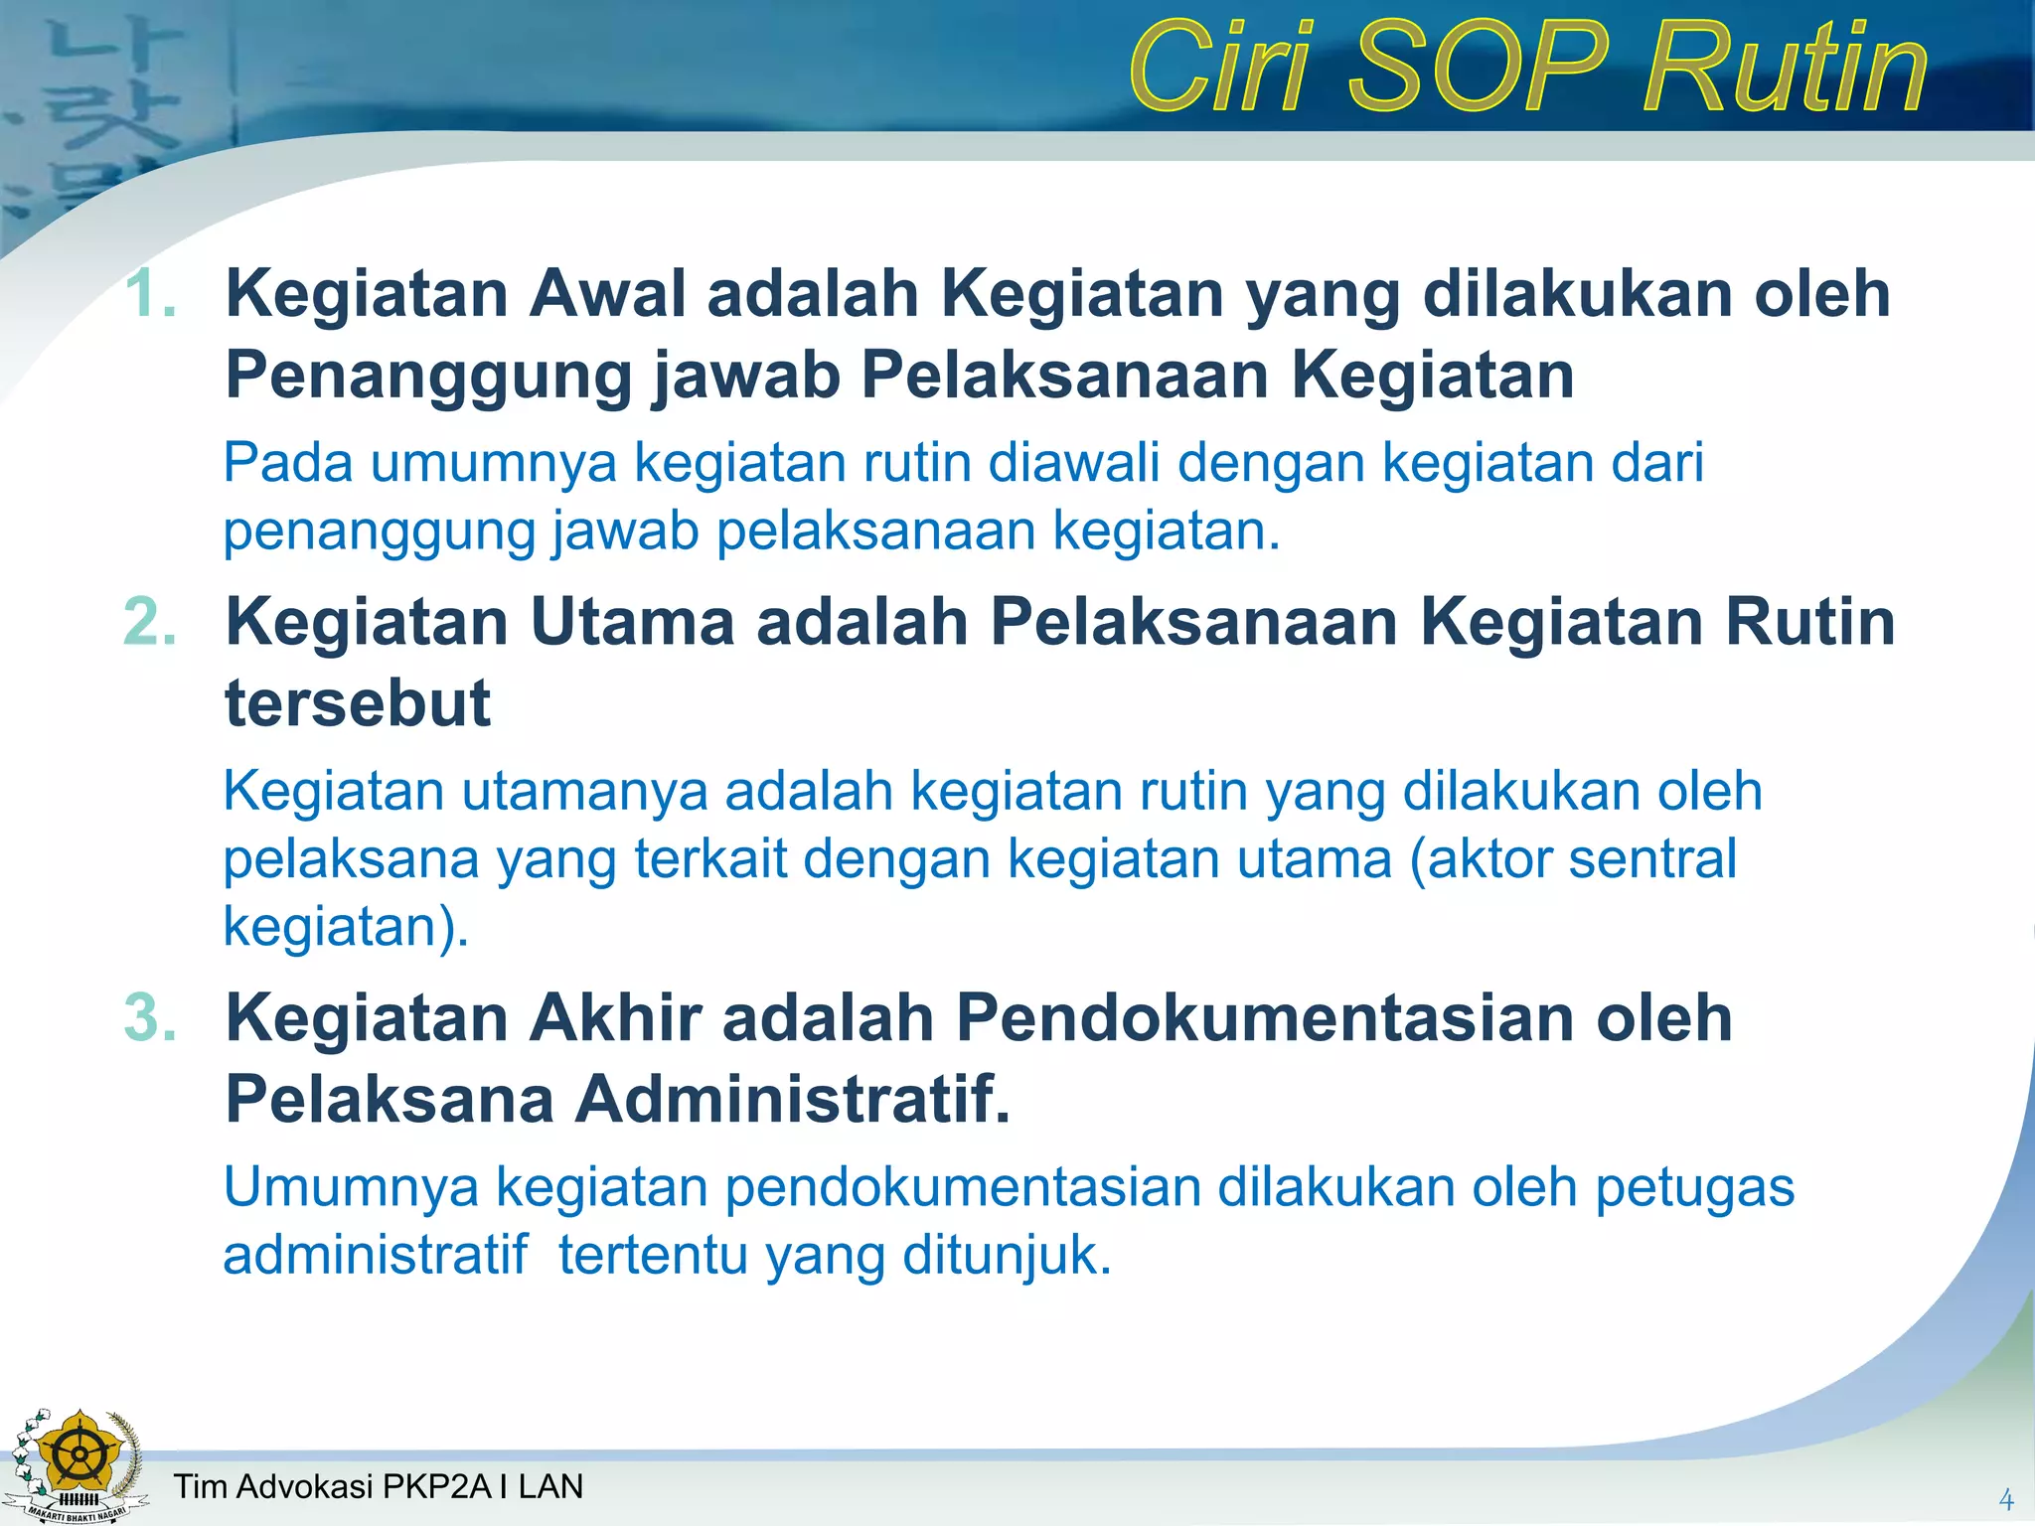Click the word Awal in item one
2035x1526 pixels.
tap(607, 294)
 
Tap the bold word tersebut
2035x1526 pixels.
tap(358, 703)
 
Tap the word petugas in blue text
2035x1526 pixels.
tap(1694, 1187)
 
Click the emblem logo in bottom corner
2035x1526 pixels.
tap(78, 1464)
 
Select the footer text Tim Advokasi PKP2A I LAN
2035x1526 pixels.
tap(378, 1486)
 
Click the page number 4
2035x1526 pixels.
tap(2005, 1499)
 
